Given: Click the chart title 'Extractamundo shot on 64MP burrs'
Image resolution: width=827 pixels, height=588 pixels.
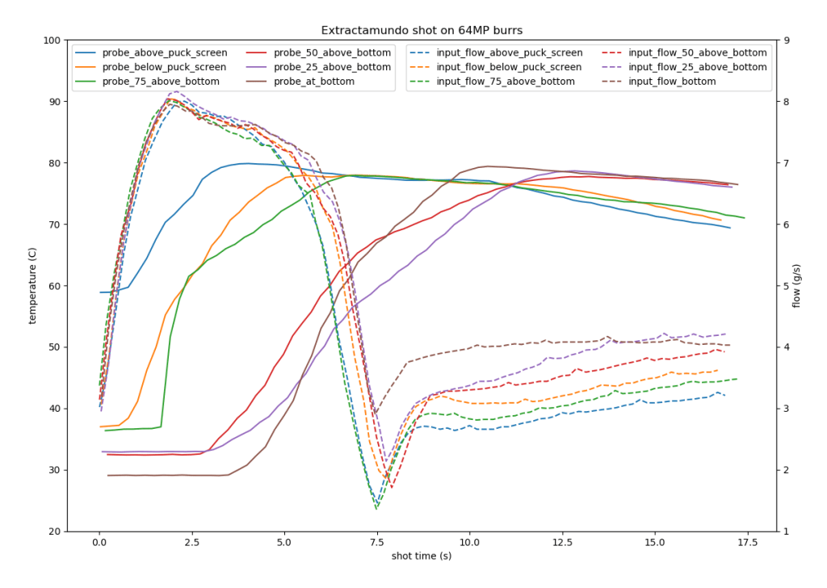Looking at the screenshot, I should click(x=422, y=31).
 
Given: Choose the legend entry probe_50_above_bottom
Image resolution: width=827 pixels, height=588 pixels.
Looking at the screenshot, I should click(x=328, y=52).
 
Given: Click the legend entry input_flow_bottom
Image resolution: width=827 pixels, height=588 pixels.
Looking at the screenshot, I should click(x=672, y=82).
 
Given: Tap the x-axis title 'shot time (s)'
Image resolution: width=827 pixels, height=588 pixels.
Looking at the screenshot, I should click(x=422, y=556).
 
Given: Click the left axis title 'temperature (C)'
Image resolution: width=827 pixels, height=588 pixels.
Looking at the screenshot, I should click(x=33, y=285).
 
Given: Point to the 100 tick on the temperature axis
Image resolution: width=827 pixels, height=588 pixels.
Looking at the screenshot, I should click(x=52, y=40).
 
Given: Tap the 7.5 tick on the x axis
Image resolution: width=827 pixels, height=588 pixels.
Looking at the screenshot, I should click(x=376, y=542).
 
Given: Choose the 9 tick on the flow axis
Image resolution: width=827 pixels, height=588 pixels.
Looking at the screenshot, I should click(x=786, y=40).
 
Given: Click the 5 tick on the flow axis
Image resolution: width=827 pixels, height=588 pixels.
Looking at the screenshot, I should click(x=786, y=286).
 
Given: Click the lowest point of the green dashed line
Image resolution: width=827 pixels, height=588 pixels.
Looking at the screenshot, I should click(x=376, y=509).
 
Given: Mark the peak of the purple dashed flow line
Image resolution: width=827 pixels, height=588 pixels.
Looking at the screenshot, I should click(x=175, y=91).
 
